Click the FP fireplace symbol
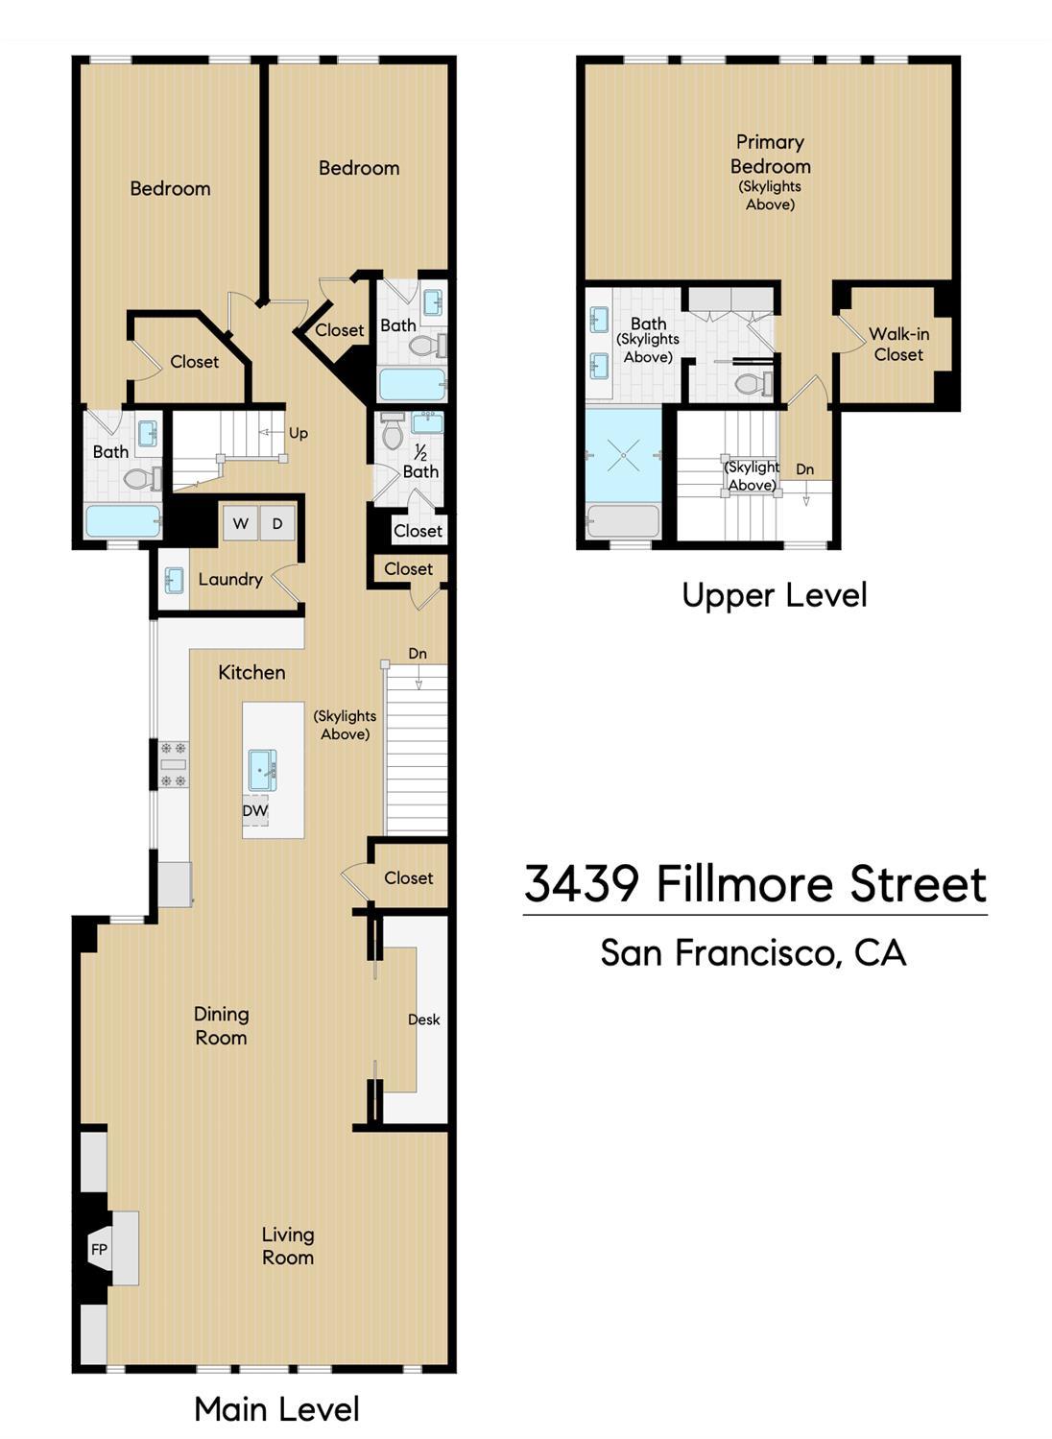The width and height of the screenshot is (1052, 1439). coord(99,1249)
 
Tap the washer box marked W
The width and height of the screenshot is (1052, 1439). coord(241,523)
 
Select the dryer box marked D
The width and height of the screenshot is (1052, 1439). coord(277,523)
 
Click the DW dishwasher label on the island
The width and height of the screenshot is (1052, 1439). coord(255,810)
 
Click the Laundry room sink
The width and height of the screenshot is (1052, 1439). coord(174,580)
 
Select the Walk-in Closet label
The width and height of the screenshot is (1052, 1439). coord(898,345)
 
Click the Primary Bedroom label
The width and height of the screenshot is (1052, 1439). coord(770,154)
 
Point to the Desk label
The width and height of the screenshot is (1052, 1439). coord(423,1019)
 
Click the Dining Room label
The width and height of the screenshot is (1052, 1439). coord(221,1025)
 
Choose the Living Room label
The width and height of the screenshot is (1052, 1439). coord(288,1246)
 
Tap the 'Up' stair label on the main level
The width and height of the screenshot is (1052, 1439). coord(299,433)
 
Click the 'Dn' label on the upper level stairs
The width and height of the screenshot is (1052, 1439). coord(804,469)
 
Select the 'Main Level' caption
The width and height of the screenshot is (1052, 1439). coord(276,1409)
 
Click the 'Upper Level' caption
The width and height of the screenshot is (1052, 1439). coord(774,595)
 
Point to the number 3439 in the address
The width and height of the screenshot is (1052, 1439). coord(582,883)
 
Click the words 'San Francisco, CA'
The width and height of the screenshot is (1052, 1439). coord(753,952)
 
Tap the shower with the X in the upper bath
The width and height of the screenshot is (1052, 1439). coord(624,455)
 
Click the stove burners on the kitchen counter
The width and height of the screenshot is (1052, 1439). coord(174,764)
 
